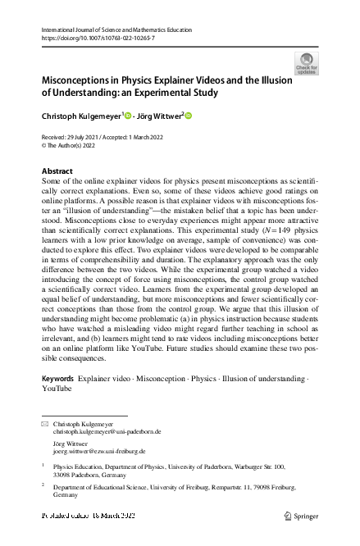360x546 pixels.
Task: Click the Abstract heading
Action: pyautogui.click(x=57, y=171)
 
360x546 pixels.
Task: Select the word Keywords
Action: pyautogui.click(x=57, y=378)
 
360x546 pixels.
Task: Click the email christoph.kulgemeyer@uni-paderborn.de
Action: pyautogui.click(x=107, y=431)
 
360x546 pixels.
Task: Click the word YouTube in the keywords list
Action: pyautogui.click(x=57, y=388)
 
